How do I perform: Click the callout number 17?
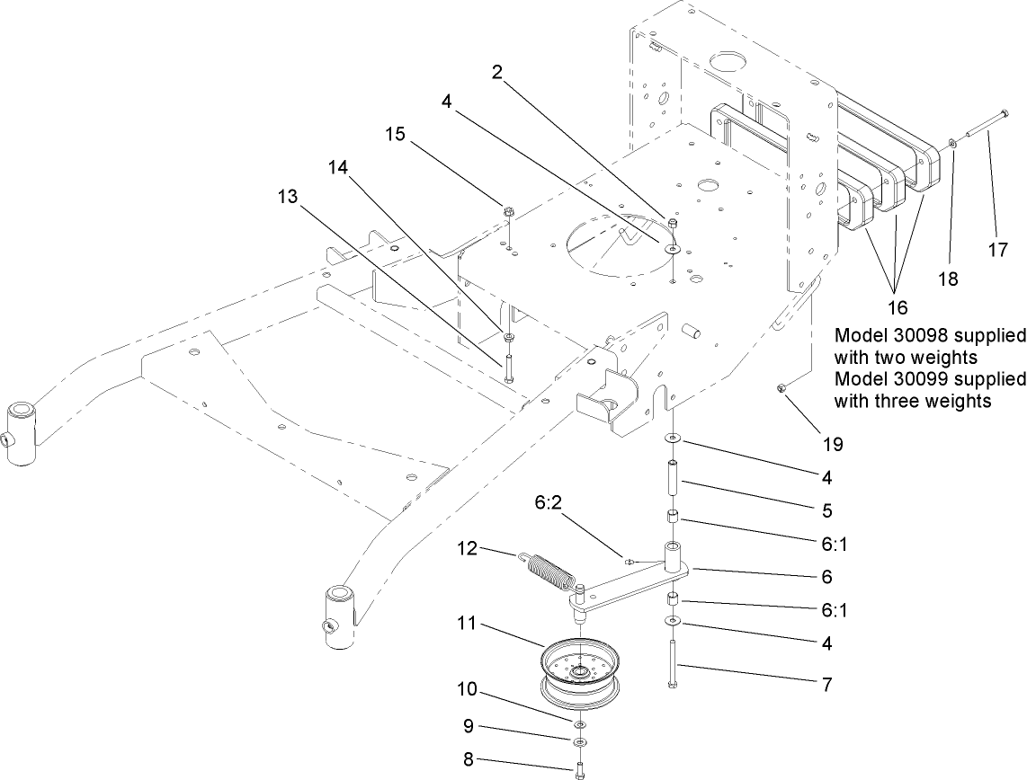coord(997,251)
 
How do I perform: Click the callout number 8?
coord(468,759)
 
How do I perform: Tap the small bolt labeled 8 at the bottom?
coord(580,768)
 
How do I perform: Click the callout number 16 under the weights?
coord(897,307)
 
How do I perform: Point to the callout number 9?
coord(469,726)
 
